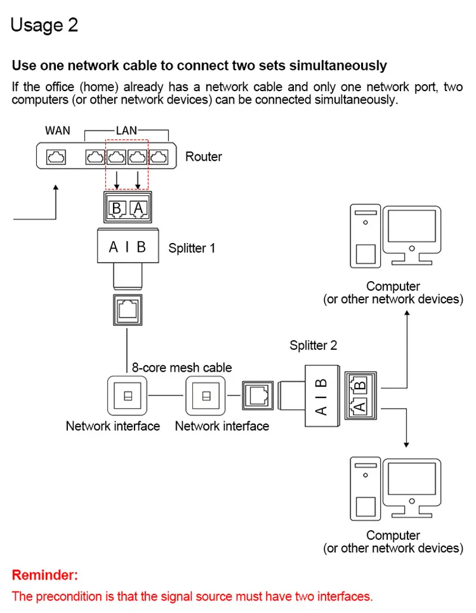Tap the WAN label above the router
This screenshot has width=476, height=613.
click(57, 130)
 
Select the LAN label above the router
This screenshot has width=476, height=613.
click(126, 130)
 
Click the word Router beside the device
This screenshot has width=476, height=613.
click(203, 157)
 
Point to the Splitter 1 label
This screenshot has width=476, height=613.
click(192, 248)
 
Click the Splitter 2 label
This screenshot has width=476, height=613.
click(313, 346)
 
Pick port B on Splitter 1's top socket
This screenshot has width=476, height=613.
click(117, 207)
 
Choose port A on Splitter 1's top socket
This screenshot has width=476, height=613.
click(139, 207)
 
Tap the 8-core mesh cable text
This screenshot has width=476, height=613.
click(182, 368)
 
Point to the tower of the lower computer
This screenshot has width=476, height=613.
click(366, 488)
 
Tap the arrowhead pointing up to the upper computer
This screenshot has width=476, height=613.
click(407, 311)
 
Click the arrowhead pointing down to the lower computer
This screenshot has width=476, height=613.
click(407, 444)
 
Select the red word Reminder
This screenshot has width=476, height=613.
click(45, 575)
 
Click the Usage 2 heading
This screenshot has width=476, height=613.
click(45, 25)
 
